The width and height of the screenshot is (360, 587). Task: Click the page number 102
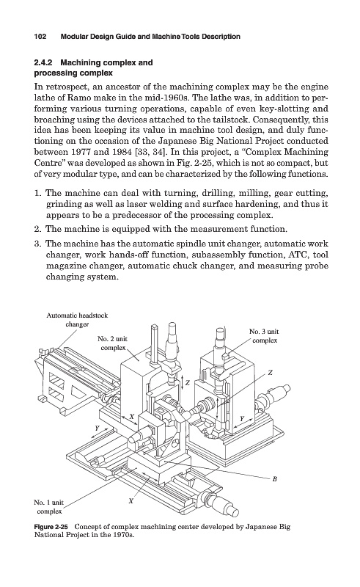click(40, 37)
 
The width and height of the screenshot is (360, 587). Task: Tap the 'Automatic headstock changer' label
click(77, 320)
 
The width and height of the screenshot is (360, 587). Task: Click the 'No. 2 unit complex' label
click(112, 343)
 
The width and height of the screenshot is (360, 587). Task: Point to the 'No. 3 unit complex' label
click(264, 336)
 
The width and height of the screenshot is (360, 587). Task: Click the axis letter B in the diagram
click(274, 479)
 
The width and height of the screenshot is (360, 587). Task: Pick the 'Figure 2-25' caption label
click(51, 527)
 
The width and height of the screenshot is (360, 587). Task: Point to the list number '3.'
click(37, 244)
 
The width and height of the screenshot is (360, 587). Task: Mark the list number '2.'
click(37, 229)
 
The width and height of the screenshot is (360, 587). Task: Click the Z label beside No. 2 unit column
click(188, 383)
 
